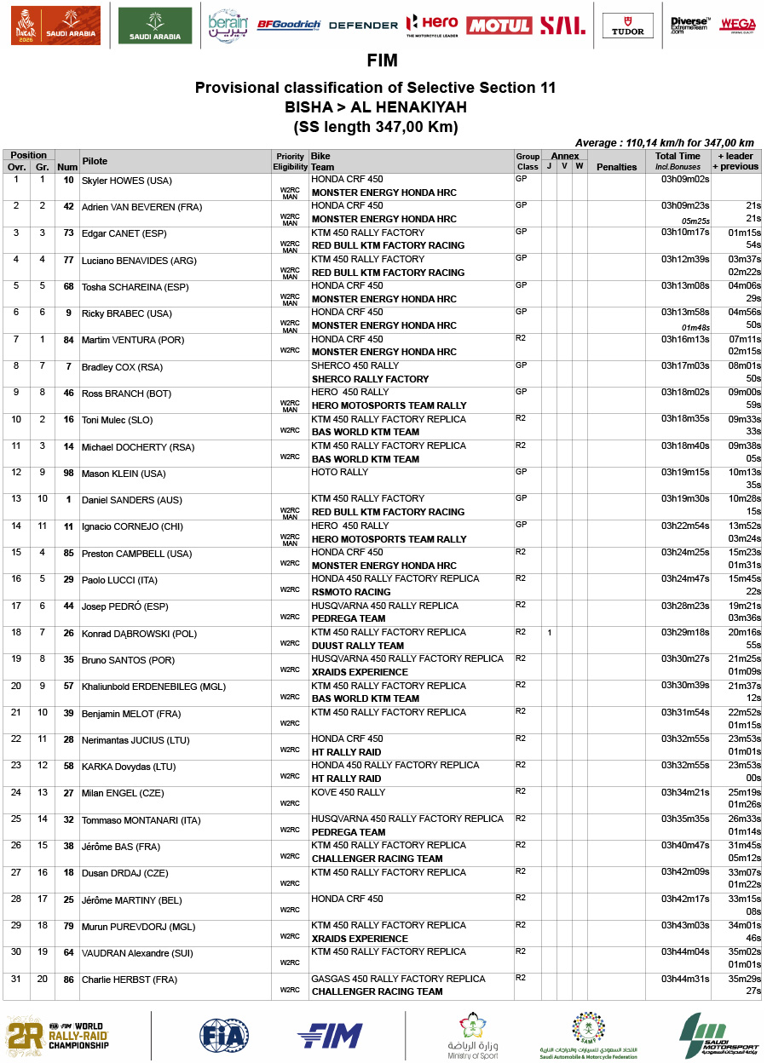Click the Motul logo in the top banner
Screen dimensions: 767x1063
(499, 26)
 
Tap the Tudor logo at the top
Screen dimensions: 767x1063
(628, 26)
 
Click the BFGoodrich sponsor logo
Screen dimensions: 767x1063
(288, 25)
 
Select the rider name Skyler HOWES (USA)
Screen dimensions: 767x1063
(126, 181)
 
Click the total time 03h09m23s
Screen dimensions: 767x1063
(685, 206)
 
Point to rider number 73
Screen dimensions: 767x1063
(68, 233)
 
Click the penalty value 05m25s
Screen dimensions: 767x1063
(695, 221)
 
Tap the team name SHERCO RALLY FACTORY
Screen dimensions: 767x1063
(370, 379)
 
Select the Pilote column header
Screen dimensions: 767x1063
(95, 161)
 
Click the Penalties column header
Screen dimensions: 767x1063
(617, 167)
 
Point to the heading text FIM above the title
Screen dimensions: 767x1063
(382, 61)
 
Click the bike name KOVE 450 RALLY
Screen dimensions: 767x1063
(348, 792)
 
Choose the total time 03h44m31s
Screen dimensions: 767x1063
(685, 979)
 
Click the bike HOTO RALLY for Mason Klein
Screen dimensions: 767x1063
(340, 472)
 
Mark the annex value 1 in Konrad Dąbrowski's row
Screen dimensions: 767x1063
(550, 633)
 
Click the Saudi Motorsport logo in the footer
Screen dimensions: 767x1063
(718, 1036)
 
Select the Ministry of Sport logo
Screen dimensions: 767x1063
(473, 1036)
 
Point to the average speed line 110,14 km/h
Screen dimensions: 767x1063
(665, 143)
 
